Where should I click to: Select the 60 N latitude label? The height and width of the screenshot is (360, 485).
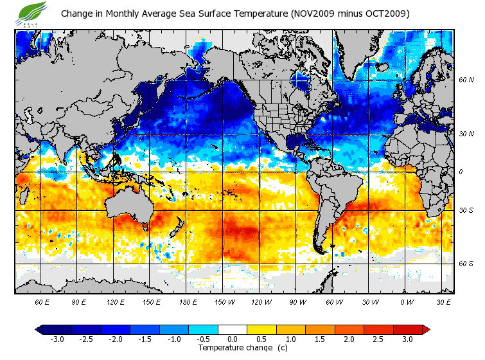click(x=466, y=80)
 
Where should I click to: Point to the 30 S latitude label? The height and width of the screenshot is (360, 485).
click(x=466, y=211)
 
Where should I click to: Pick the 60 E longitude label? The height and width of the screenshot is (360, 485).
click(x=42, y=301)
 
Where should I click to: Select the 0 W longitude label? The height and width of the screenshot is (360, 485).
click(x=406, y=301)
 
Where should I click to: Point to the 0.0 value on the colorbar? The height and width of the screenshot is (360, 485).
click(x=233, y=339)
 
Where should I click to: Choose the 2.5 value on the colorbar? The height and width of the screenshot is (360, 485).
click(x=378, y=339)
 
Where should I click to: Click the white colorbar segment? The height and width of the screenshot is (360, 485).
click(x=233, y=329)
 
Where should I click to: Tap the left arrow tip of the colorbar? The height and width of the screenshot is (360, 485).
click(x=37, y=329)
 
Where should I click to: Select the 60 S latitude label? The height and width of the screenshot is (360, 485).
click(x=466, y=264)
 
